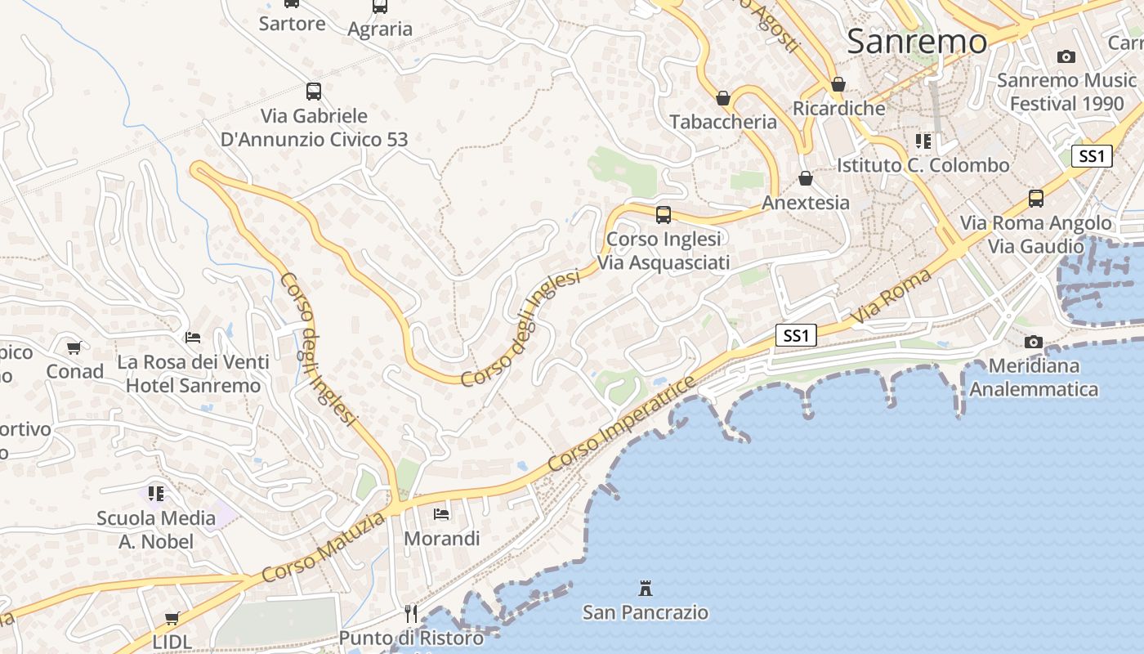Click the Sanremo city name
[x=916, y=41]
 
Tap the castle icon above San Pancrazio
[x=646, y=588]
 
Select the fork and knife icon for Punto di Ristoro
[x=411, y=613]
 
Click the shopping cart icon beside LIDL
[x=172, y=619]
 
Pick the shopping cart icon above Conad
[x=74, y=347]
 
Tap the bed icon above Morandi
[x=441, y=514]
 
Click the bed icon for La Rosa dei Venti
[x=193, y=337]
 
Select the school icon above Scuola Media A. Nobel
[x=156, y=493]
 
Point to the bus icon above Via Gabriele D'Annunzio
[x=314, y=92]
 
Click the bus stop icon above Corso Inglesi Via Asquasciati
[x=664, y=215]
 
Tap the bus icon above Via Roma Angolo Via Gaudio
[x=1035, y=199]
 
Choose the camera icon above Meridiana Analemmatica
[x=1034, y=342]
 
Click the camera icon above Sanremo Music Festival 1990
[x=1066, y=56]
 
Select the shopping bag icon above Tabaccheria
[x=723, y=99]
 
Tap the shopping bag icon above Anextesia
[x=806, y=178]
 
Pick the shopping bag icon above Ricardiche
[x=838, y=84]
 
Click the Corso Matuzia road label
[x=324, y=548]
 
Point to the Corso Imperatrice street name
[x=623, y=423]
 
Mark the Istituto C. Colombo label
[x=923, y=165]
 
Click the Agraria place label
[x=380, y=29]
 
